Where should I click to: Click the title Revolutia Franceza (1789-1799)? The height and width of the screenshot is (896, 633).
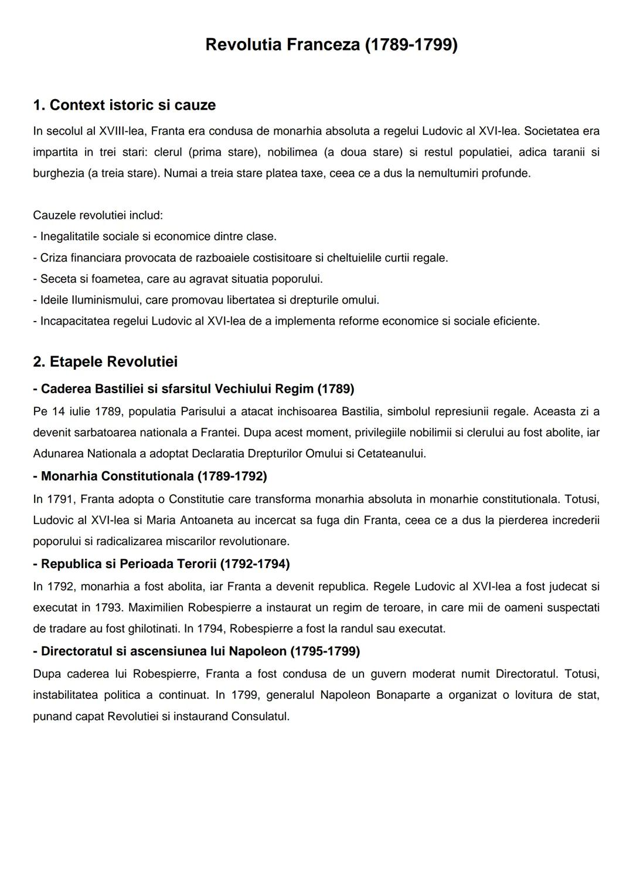pos(331,45)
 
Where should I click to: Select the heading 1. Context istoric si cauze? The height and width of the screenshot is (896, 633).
pos(124,105)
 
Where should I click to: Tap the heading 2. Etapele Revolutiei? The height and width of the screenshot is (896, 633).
pos(105,361)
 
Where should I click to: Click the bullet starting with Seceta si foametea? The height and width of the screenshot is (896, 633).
pos(178,279)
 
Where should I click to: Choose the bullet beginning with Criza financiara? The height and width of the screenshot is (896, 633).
pos(240,258)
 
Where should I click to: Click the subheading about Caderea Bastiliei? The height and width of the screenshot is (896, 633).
pos(193,389)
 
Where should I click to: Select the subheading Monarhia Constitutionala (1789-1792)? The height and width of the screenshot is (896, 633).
pos(150,476)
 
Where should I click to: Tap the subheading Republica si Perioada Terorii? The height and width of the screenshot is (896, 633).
pos(161,564)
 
